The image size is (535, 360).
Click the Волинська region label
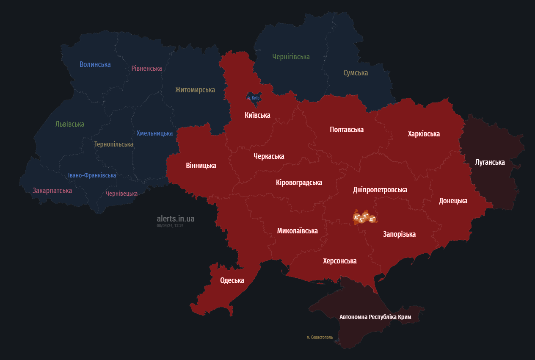tap(95, 64)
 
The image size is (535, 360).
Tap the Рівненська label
tap(146, 68)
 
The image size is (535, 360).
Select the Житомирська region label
tap(195, 90)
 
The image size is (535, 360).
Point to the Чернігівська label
tap(291, 57)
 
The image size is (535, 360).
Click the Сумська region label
tap(356, 73)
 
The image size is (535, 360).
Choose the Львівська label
tap(70, 124)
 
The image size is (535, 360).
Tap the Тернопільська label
tap(113, 144)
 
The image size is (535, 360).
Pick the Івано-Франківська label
tap(92, 175)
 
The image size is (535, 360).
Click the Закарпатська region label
tap(52, 191)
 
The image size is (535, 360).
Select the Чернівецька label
tap(121, 194)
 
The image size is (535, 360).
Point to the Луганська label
tap(490, 162)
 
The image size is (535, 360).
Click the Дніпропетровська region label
tap(380, 190)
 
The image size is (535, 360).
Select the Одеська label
tap(232, 280)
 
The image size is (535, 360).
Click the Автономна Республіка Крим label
tap(381, 317)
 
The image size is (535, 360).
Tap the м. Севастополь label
tap(320, 338)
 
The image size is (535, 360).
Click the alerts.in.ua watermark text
tap(176, 219)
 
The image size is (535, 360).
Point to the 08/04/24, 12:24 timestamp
tap(170, 226)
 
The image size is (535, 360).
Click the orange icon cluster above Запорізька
tap(364, 218)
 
